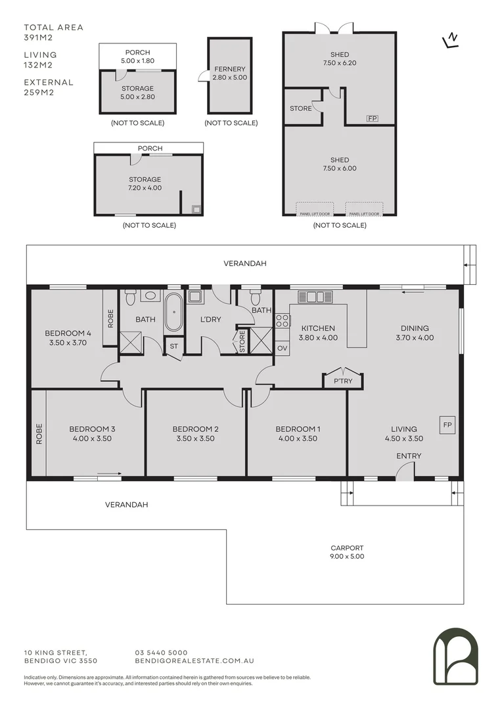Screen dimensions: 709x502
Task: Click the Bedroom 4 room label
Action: pyautogui.click(x=68, y=332)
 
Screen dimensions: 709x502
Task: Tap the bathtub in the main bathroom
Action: pyautogui.click(x=173, y=312)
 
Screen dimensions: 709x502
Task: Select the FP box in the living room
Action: pyautogui.click(x=448, y=425)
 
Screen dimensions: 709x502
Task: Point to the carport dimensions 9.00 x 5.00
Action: pyautogui.click(x=348, y=557)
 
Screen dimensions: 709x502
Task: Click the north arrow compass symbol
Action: pyautogui.click(x=450, y=41)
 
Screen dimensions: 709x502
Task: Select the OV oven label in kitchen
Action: pyautogui.click(x=283, y=348)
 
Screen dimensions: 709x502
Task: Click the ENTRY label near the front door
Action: pyautogui.click(x=409, y=456)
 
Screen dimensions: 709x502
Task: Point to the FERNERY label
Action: pyautogui.click(x=229, y=69)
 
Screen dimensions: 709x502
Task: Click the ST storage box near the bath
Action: pyautogui.click(x=174, y=346)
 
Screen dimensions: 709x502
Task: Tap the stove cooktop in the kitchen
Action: pyautogui.click(x=282, y=321)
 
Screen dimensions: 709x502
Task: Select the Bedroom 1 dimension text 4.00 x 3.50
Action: pyautogui.click(x=298, y=439)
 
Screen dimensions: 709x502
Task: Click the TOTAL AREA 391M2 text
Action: pyautogui.click(x=54, y=33)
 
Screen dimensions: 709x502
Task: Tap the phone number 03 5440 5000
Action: pyautogui.click(x=161, y=653)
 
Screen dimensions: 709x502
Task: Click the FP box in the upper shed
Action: pyautogui.click(x=372, y=118)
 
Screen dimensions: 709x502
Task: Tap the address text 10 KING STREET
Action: pyautogui.click(x=55, y=653)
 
